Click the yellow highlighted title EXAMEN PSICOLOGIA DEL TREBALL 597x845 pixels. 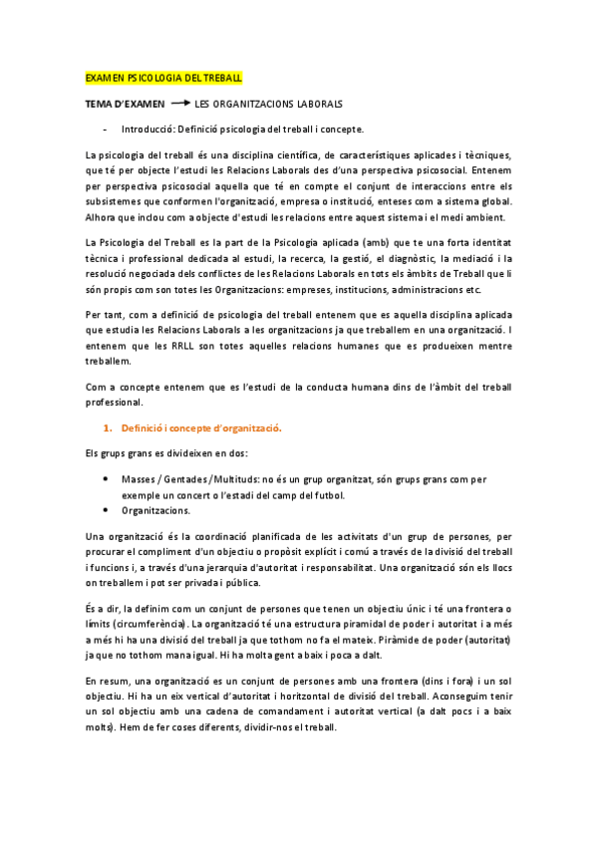pyautogui.click(x=163, y=77)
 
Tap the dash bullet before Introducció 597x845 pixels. pyautogui.click(x=105, y=129)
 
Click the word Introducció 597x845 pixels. pyautogui.click(x=148, y=129)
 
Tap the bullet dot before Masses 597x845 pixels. pyautogui.click(x=106, y=478)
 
